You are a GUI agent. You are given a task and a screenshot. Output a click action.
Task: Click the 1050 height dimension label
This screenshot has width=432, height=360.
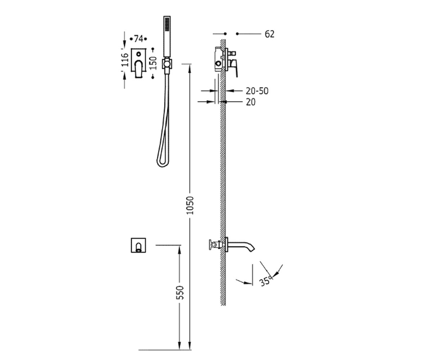pyautogui.click(x=190, y=205)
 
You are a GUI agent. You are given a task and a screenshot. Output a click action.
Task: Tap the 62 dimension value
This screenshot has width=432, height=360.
pyautogui.click(x=270, y=34)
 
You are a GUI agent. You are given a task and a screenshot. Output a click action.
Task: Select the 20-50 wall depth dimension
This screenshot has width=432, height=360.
pyautogui.click(x=257, y=91)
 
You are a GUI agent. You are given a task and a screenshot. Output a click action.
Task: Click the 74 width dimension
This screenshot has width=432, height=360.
pyautogui.click(x=138, y=39)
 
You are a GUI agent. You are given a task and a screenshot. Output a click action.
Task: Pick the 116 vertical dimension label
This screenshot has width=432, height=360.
pyautogui.click(x=125, y=60)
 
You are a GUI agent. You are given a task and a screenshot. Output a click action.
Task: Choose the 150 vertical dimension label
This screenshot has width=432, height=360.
pyautogui.click(x=153, y=63)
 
